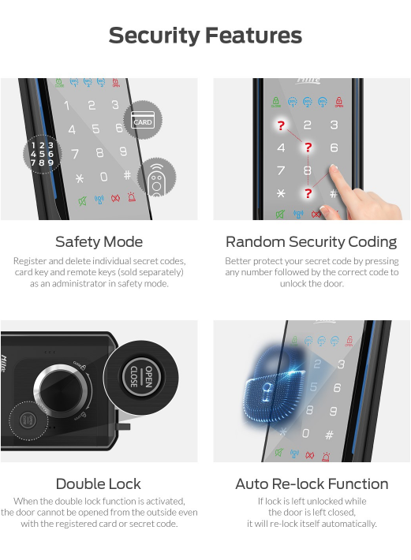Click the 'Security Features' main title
(x=205, y=35)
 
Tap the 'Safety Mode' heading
(x=99, y=242)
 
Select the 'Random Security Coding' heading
(x=311, y=242)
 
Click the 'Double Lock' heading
(x=98, y=484)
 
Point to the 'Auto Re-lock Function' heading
(x=312, y=484)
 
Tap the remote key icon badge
(x=157, y=177)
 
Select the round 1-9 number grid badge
(x=42, y=155)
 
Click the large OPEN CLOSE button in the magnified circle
(x=141, y=377)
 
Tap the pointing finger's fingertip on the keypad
(x=334, y=169)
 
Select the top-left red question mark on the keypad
(x=281, y=125)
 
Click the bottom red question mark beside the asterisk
(x=308, y=193)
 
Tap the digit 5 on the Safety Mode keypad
(x=95, y=129)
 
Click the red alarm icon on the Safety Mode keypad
(x=132, y=196)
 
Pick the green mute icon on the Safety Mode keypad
(x=83, y=201)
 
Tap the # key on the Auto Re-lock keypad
(x=329, y=435)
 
